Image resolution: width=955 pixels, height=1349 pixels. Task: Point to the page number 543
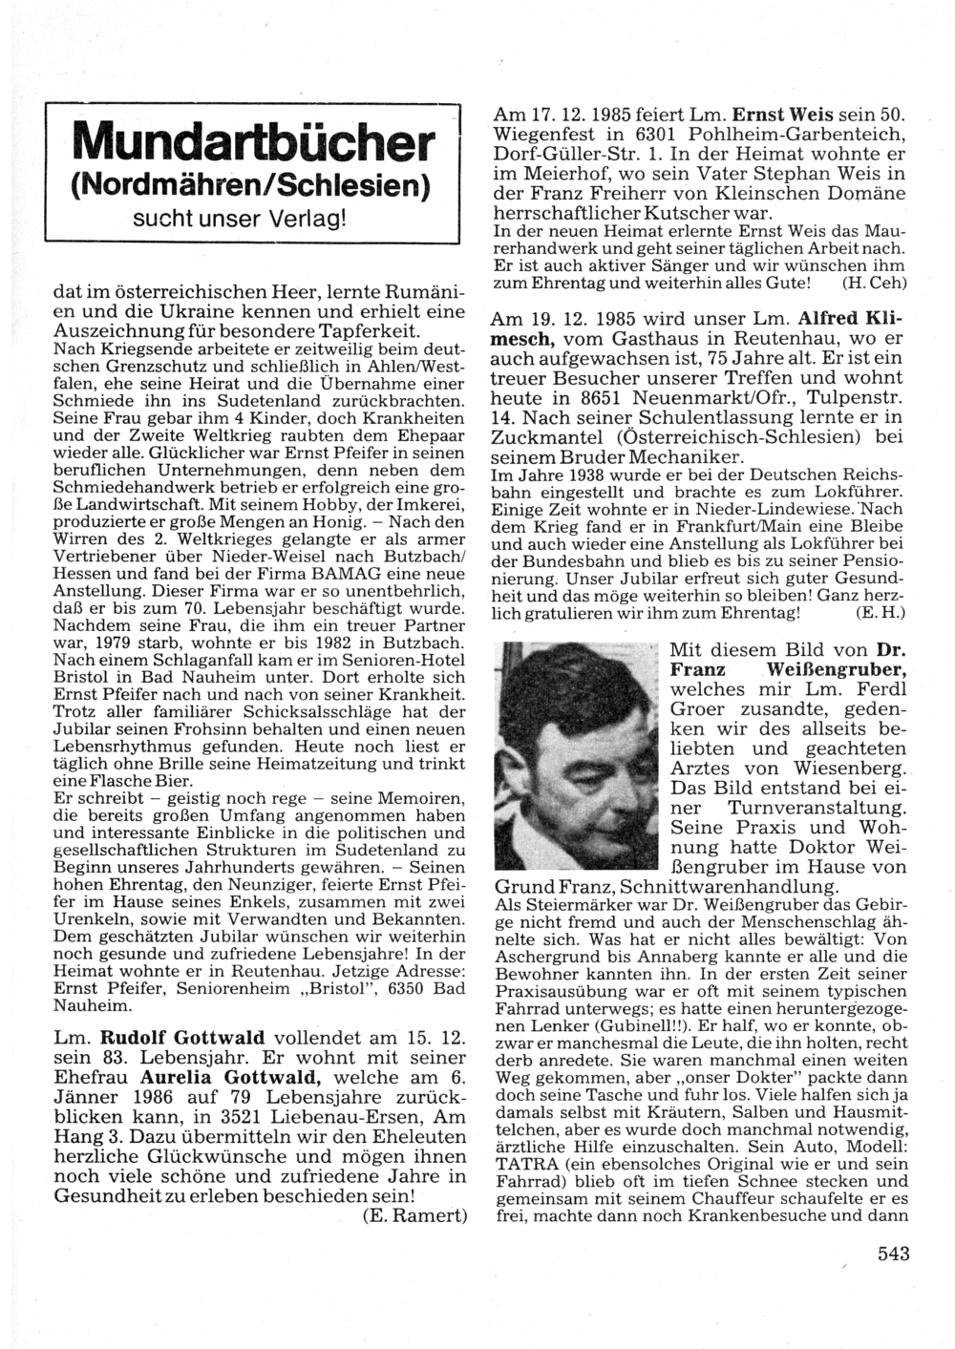point(894,1254)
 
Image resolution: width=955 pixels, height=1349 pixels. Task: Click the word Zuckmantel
point(543,437)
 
